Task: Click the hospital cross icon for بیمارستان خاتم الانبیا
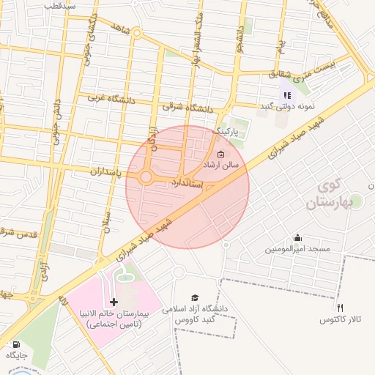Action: tap(114, 302)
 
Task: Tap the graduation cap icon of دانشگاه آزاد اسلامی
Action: tap(195, 297)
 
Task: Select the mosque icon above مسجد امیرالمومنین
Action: tap(297, 237)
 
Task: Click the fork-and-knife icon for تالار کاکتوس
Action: tap(340, 308)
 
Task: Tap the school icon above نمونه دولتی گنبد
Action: tap(288, 94)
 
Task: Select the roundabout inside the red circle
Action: tap(146, 177)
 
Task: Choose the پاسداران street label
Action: tap(89, 171)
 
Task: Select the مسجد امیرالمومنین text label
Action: tap(298, 250)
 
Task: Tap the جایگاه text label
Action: tap(16, 355)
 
